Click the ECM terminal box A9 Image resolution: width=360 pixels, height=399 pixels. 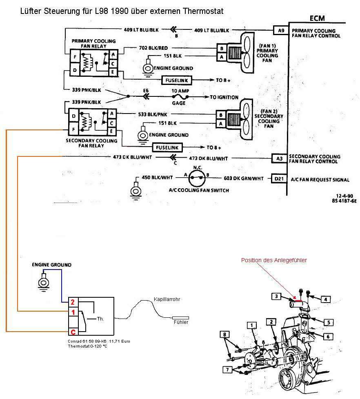click(x=281, y=31)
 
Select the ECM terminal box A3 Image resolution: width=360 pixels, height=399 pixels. click(x=280, y=158)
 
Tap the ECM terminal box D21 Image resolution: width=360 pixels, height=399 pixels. click(x=279, y=178)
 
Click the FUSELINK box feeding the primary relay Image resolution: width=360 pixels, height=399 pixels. click(x=177, y=80)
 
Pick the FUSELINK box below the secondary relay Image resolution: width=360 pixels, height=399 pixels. click(x=167, y=147)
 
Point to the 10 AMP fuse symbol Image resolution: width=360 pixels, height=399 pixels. click(x=180, y=97)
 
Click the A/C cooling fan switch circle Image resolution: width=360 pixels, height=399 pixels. click(x=197, y=178)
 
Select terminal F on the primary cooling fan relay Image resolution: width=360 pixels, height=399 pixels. click(x=75, y=57)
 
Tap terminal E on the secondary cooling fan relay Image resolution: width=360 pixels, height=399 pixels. click(x=111, y=132)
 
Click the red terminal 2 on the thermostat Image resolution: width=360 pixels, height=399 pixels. click(x=73, y=302)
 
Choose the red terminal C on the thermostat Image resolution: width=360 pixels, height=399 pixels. click(x=73, y=332)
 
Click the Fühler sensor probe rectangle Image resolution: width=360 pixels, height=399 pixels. click(x=180, y=318)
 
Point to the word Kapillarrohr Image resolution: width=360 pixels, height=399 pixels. click(x=167, y=299)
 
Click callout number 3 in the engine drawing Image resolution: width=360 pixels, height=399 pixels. click(x=276, y=296)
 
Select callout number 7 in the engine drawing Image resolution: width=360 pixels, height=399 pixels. click(x=227, y=370)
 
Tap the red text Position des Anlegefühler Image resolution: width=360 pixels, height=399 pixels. click(x=274, y=260)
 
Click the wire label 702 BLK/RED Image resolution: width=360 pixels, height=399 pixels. click(x=153, y=48)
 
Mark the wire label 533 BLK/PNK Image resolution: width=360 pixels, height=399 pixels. click(x=153, y=114)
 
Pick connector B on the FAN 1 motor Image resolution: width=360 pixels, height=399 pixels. click(x=222, y=48)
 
